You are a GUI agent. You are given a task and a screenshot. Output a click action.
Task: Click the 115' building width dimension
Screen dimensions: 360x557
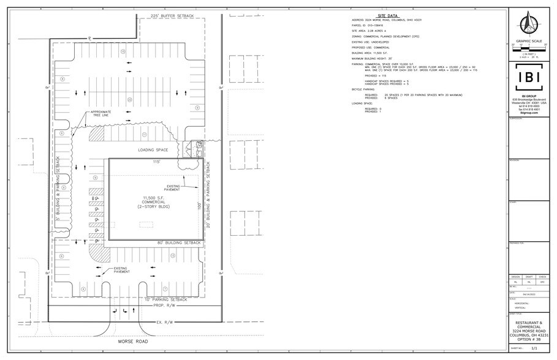(156, 162)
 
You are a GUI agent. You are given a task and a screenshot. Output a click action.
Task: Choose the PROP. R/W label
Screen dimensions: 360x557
(164, 305)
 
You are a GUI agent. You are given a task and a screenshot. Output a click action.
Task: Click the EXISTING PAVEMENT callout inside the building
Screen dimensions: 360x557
(172, 188)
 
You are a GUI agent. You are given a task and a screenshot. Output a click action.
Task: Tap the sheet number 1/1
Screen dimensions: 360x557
(533, 348)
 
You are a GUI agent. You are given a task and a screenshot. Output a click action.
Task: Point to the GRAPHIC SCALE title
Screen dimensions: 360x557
(528, 42)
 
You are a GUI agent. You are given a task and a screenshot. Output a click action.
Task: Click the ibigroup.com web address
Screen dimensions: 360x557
(528, 113)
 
